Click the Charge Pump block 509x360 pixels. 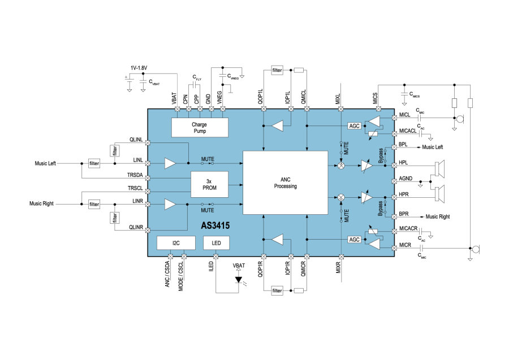point(200,128)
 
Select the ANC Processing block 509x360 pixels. point(286,183)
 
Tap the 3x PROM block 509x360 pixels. point(209,185)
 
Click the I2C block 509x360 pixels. point(176,243)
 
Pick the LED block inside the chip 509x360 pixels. point(216,243)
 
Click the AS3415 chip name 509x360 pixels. point(215,225)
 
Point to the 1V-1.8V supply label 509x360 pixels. point(139,68)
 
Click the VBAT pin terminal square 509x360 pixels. point(177,109)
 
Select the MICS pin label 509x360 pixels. point(375,98)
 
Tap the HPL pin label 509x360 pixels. point(403,163)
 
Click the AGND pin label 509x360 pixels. point(406,179)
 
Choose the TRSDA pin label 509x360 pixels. point(135,175)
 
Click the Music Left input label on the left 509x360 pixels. point(45,163)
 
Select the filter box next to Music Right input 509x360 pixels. point(94,204)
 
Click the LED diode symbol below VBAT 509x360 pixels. point(239,280)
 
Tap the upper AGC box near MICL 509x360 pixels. point(354,126)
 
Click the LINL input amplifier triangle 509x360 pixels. point(170,163)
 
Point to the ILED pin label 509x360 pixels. point(211,266)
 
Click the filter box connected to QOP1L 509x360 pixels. point(277,70)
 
